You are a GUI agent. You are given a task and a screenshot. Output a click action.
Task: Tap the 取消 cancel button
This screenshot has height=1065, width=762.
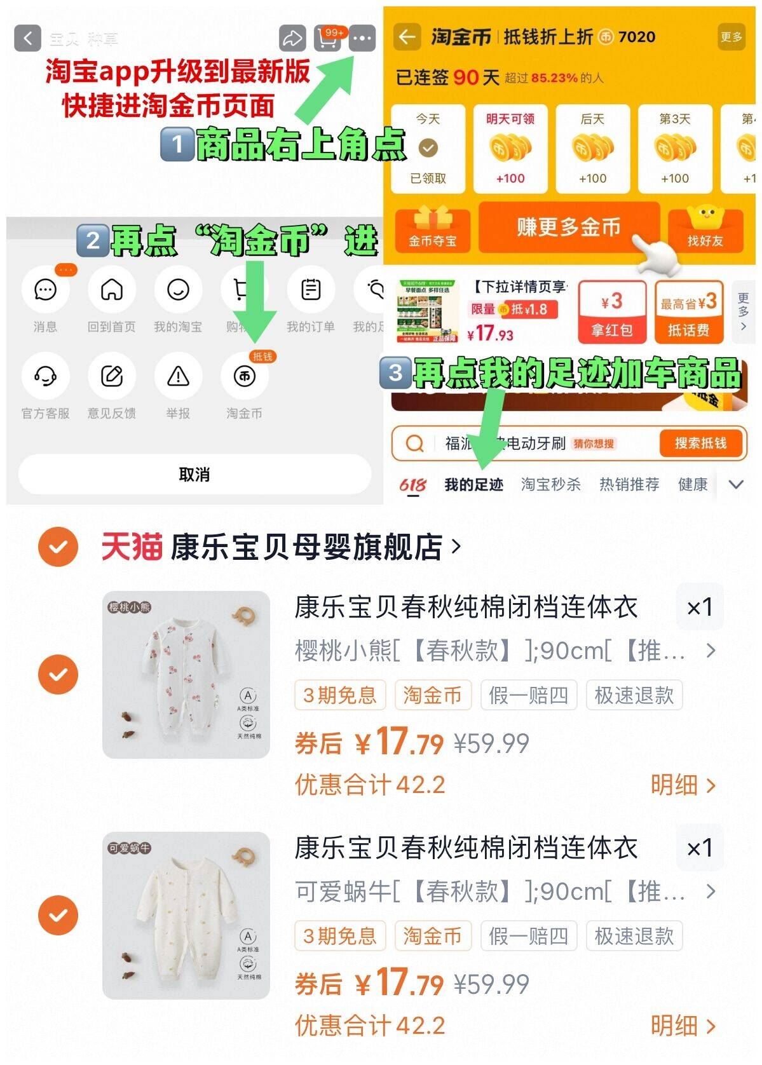[x=194, y=475]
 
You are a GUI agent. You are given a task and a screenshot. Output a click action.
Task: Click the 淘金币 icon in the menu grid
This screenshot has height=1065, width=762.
[x=245, y=376]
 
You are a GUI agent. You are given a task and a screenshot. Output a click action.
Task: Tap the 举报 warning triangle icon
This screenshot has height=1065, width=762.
[x=178, y=376]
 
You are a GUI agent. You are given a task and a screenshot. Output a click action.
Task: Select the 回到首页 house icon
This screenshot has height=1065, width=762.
[x=112, y=290]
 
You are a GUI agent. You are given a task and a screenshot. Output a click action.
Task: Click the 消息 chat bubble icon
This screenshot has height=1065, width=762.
[x=45, y=290]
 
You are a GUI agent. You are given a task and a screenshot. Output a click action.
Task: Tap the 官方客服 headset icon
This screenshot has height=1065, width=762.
[x=45, y=376]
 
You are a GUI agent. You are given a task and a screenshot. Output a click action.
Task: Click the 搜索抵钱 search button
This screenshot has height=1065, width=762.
[x=700, y=443]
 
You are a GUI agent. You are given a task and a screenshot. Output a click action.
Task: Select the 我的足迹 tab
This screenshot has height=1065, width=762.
[x=473, y=485]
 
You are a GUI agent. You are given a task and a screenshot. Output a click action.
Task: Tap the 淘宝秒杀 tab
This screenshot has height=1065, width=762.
[x=550, y=485]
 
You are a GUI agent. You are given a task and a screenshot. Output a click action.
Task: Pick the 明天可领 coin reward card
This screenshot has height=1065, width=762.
[x=510, y=149]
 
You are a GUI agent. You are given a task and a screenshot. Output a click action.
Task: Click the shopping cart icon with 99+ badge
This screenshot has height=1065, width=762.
[x=328, y=39]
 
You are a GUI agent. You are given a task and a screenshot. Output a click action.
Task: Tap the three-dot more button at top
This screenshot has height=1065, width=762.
[x=362, y=39]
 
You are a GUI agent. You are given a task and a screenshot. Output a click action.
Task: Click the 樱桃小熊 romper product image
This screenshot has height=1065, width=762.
[x=186, y=674]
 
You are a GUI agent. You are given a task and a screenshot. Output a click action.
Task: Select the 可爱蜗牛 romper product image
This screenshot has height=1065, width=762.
[x=186, y=915]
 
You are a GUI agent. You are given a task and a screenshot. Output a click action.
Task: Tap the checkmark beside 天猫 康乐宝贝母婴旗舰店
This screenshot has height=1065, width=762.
[x=58, y=546]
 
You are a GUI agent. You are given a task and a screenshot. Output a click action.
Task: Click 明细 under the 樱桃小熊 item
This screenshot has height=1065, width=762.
[x=683, y=785]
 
